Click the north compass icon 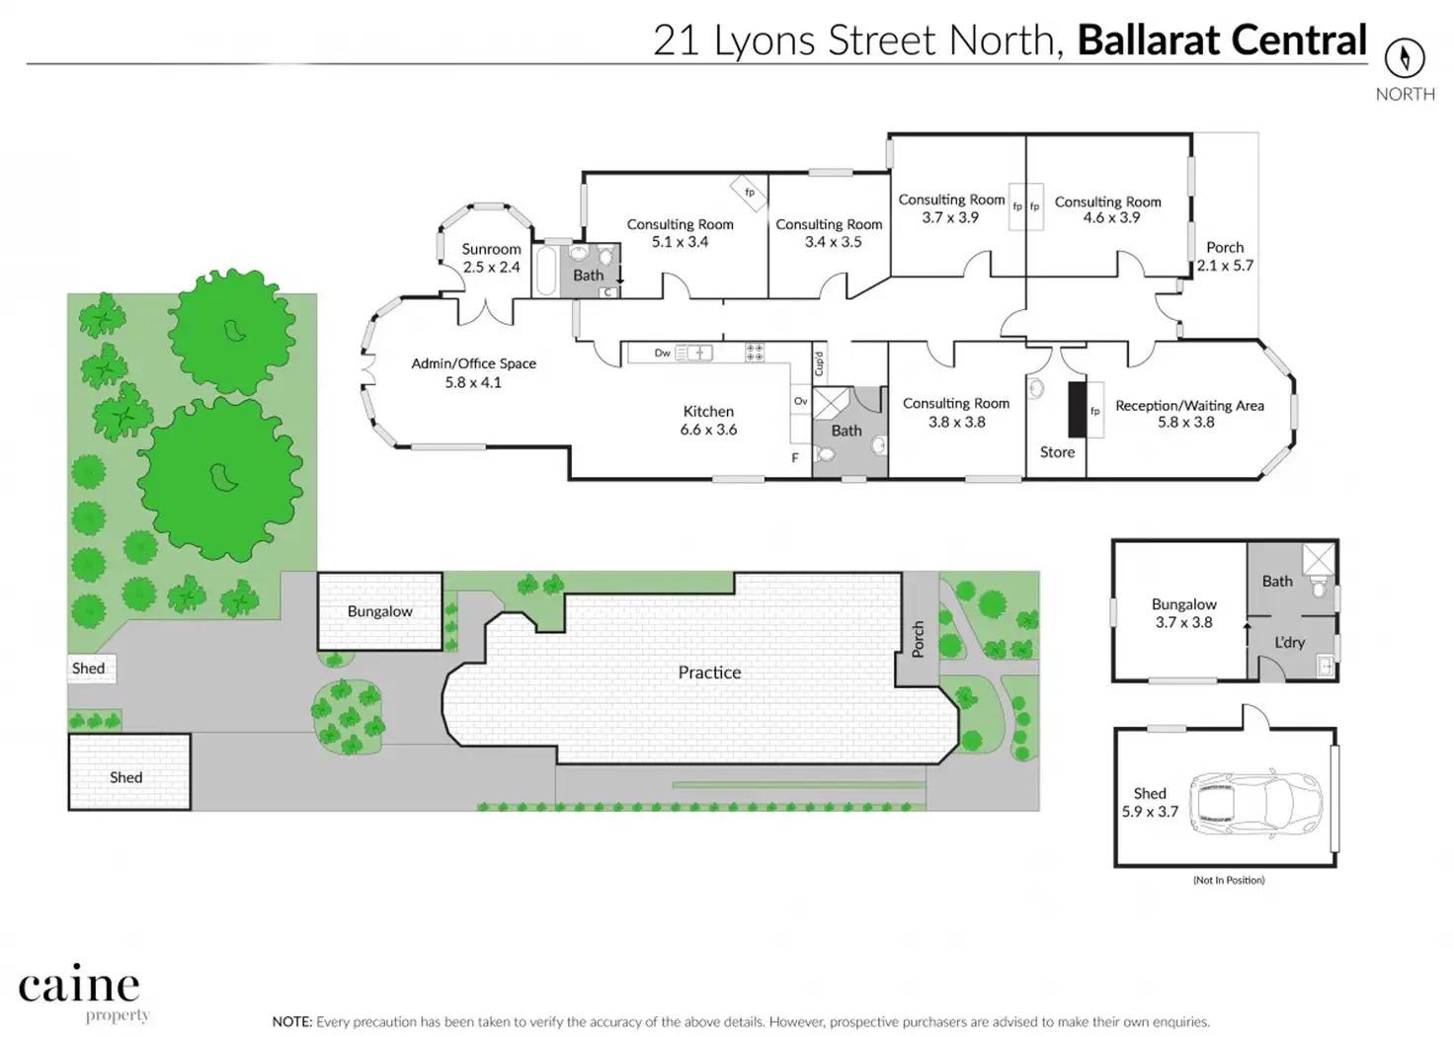coord(1405,58)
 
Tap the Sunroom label coord(491,258)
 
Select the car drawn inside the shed coord(1254,803)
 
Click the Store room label coord(1057,452)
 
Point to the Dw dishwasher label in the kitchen coord(662,353)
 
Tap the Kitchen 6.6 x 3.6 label coord(708,420)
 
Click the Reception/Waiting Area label coord(1189,414)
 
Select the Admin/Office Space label coord(474,372)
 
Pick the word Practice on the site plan coord(709,673)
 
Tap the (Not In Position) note coord(1229,880)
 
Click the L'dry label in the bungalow coord(1289,643)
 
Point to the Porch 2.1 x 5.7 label coord(1225,257)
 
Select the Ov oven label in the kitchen coord(801,401)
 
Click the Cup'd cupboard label coord(819,363)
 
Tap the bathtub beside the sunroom coord(546,272)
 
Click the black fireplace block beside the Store coord(1077,410)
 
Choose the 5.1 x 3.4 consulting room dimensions coord(680,242)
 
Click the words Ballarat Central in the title coord(1222,40)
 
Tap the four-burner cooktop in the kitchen coord(755,353)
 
